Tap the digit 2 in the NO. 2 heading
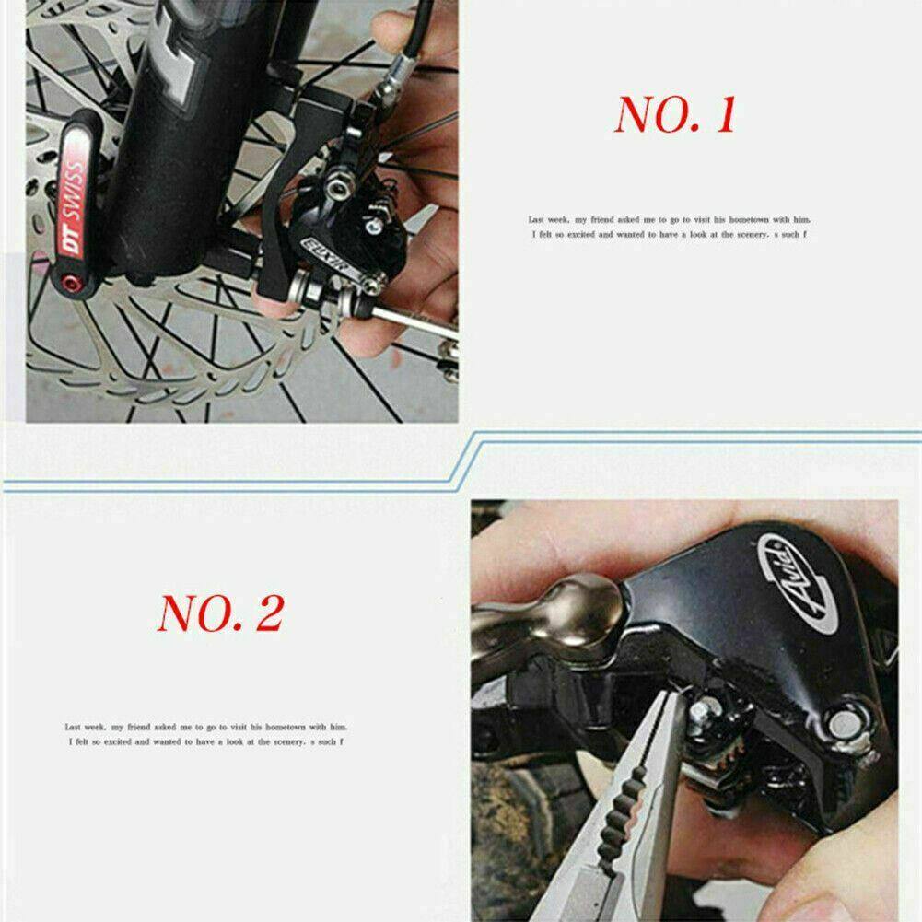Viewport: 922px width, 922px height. [268, 613]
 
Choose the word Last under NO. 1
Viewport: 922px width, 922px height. [537, 220]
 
